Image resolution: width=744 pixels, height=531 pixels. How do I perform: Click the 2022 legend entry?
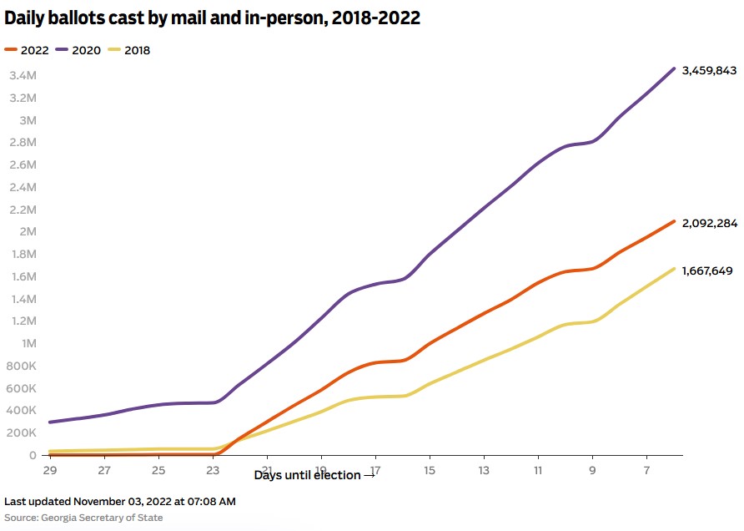[x=28, y=50]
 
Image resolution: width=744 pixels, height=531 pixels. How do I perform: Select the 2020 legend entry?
[x=79, y=50]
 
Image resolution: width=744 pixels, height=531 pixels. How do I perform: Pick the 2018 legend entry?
[x=131, y=50]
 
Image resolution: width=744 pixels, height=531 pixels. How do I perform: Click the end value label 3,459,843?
[x=709, y=71]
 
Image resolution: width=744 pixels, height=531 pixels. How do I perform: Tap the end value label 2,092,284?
[x=709, y=223]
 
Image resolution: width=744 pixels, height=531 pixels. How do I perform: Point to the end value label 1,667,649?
[x=708, y=271]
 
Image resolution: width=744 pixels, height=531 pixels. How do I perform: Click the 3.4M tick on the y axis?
[x=23, y=76]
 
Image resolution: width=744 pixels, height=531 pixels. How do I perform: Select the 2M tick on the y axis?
[x=28, y=232]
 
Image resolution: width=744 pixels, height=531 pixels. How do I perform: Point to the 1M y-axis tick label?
[x=28, y=343]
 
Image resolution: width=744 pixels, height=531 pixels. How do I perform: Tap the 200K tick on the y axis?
[x=21, y=433]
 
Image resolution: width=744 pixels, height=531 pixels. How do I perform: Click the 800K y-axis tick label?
[x=21, y=366]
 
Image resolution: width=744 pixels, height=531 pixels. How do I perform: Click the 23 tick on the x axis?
[x=214, y=471]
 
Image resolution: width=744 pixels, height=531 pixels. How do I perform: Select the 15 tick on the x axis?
[x=430, y=471]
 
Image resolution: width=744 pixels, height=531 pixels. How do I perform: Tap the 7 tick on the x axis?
[x=646, y=471]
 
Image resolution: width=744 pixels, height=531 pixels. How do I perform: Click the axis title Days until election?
[x=314, y=475]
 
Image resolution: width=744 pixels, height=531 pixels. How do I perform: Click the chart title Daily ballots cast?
[x=213, y=18]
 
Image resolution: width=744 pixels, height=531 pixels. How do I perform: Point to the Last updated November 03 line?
[x=120, y=502]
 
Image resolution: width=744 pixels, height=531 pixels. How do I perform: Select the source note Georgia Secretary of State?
[x=83, y=518]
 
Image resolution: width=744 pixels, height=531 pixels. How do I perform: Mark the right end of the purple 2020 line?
[x=674, y=68]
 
